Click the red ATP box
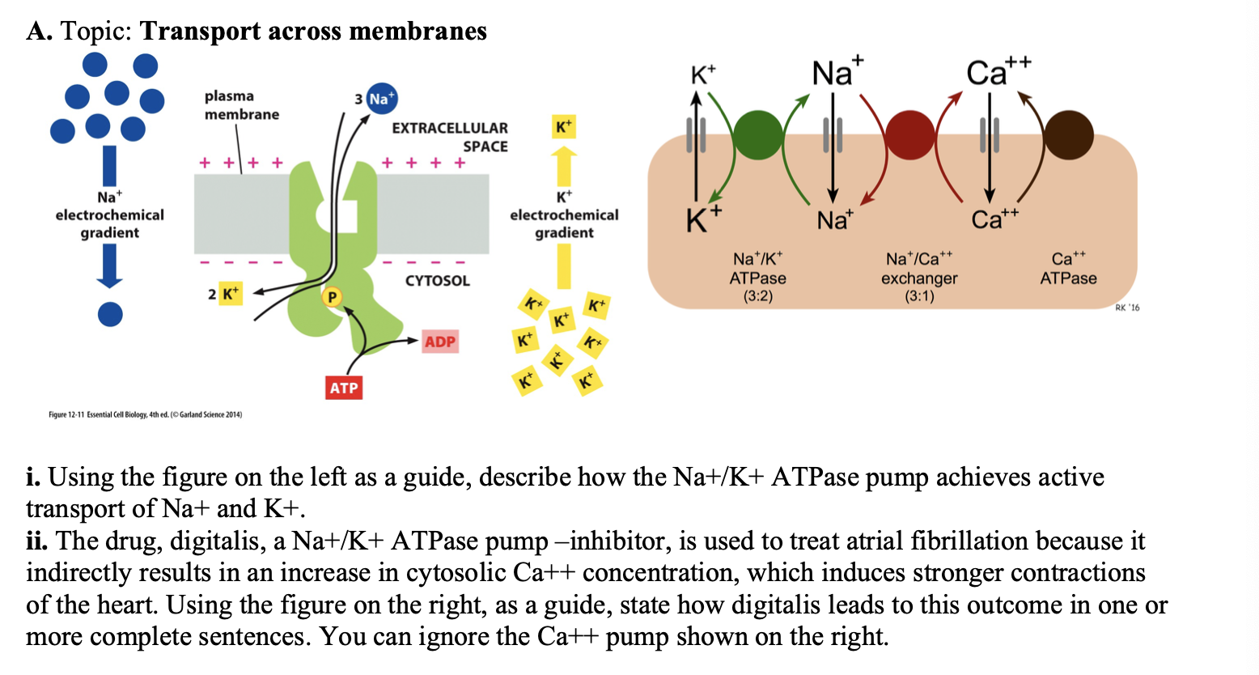(x=343, y=388)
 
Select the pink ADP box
(x=440, y=342)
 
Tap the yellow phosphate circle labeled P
(x=331, y=297)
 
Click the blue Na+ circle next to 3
(x=382, y=99)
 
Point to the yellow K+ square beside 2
(x=231, y=293)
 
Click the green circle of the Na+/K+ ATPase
(x=757, y=134)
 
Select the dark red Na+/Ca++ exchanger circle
(x=911, y=134)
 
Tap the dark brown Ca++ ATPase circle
(x=1068, y=134)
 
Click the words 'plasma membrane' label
(x=241, y=105)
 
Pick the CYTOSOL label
(x=437, y=281)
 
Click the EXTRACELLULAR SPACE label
(x=450, y=137)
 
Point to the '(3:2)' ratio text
(x=757, y=296)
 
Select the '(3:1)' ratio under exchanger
(x=918, y=296)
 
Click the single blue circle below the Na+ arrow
(x=110, y=314)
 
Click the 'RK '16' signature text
(x=1126, y=308)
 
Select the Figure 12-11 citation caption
(x=145, y=414)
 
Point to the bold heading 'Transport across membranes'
(x=313, y=31)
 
